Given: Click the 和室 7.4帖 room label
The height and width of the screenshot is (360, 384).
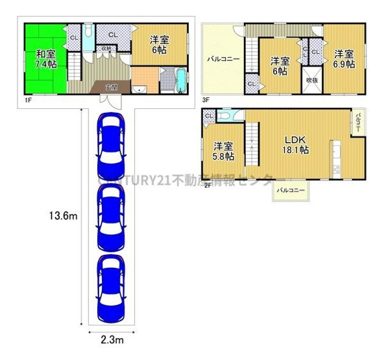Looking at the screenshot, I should [45, 58].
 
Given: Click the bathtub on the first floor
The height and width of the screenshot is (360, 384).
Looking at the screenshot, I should [180, 80].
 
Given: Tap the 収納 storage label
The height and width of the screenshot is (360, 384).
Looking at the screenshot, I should [106, 48].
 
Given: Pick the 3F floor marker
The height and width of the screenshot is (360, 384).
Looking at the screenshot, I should [206, 99].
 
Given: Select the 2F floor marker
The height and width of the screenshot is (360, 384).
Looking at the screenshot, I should [208, 184].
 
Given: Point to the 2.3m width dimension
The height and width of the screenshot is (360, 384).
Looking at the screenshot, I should [112, 339].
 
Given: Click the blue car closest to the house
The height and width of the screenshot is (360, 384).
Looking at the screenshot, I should [111, 146].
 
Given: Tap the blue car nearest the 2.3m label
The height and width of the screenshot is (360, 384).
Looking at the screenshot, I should [111, 289].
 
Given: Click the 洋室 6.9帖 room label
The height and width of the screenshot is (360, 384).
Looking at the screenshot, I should [344, 59].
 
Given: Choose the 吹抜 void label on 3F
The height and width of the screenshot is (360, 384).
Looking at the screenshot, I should [312, 80].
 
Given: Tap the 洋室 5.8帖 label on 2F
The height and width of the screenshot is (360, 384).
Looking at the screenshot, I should [224, 150].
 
